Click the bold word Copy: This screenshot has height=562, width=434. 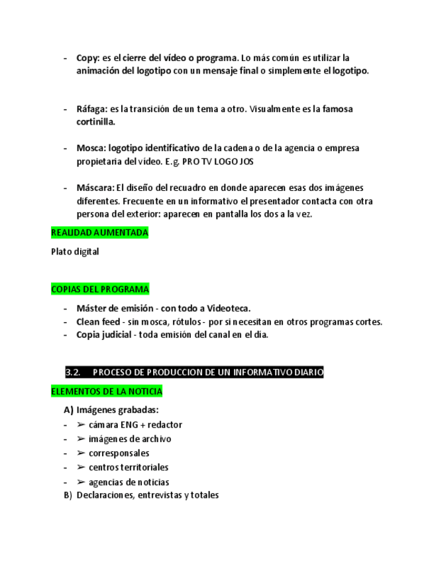tap(89, 58)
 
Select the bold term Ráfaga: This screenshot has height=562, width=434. tap(92, 109)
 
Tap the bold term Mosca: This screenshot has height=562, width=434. tap(91, 148)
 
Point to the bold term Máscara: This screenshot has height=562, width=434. tap(95, 188)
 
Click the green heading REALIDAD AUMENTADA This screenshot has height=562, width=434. tap(99, 233)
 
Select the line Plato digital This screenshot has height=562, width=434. tap(75, 251)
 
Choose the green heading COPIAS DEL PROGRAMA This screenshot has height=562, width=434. tap(100, 290)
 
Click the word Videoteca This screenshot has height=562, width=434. tap(229, 308)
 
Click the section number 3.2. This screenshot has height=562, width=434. tap(73, 372)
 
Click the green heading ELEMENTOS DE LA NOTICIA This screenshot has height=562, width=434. tap(107, 392)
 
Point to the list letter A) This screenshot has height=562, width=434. tap(68, 410)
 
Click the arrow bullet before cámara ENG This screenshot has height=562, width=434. tap(81, 424)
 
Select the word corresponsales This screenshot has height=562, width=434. tap(119, 453)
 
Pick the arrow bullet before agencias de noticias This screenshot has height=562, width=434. tap(81, 482)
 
